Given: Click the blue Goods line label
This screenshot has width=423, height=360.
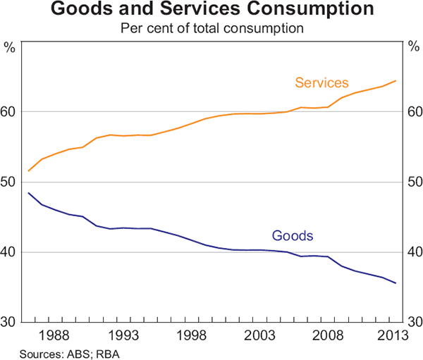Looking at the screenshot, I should [x=292, y=235].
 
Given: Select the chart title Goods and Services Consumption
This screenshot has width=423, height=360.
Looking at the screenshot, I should [x=211, y=11].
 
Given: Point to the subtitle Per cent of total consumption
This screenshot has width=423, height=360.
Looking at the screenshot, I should [x=211, y=30].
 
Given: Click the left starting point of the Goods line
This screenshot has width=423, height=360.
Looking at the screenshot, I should [x=28, y=193].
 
